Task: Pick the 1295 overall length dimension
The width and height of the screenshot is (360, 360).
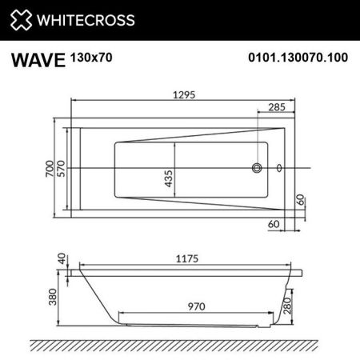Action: pos(182,93)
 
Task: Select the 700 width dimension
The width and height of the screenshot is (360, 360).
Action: pos(50,169)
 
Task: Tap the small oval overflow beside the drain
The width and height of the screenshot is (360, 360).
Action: pos(278,168)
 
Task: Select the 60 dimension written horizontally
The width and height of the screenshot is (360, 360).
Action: pos(274,225)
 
